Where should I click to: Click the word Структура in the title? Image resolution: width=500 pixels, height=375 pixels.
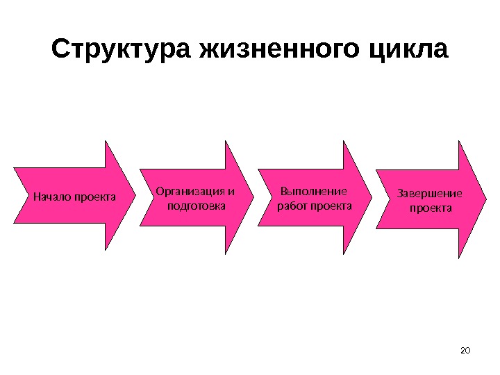122,50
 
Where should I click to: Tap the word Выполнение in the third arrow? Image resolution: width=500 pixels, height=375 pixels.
312,191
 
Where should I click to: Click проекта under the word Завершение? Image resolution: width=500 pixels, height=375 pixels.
431,208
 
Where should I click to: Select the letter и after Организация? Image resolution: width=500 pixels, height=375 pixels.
232,191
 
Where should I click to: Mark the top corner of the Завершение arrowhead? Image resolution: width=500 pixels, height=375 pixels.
460,141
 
